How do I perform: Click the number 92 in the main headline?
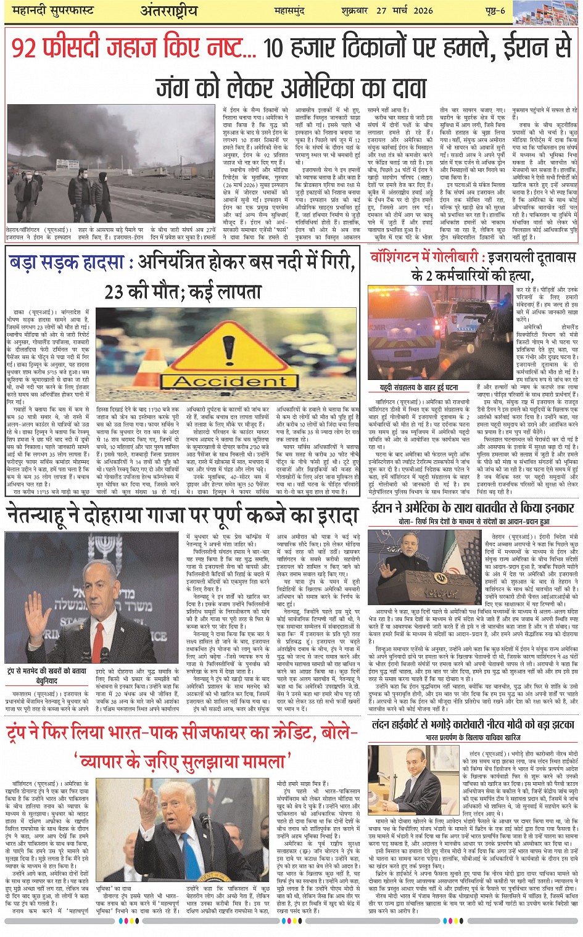click(x=25, y=48)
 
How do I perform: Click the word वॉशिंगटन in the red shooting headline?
click(x=399, y=257)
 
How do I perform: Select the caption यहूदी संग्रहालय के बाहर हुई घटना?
click(x=419, y=388)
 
